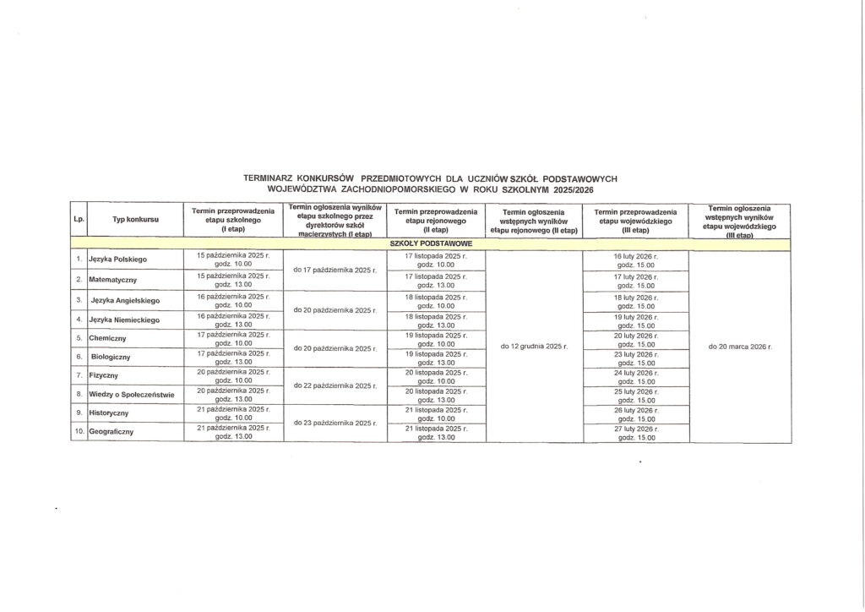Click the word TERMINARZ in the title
pos(268,179)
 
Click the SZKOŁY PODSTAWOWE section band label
pos(431,243)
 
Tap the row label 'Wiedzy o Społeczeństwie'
pos(131,394)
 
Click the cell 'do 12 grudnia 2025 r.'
pos(534,347)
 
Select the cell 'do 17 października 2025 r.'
pos(335,270)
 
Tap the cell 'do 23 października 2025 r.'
pos(335,423)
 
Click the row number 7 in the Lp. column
pos(79,374)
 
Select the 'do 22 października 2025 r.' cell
pos(335,385)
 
